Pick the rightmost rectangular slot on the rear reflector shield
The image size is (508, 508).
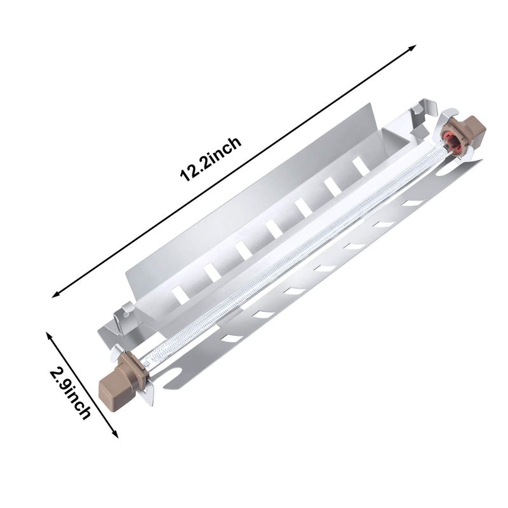[360, 164]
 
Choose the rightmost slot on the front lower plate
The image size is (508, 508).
[413, 203]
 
